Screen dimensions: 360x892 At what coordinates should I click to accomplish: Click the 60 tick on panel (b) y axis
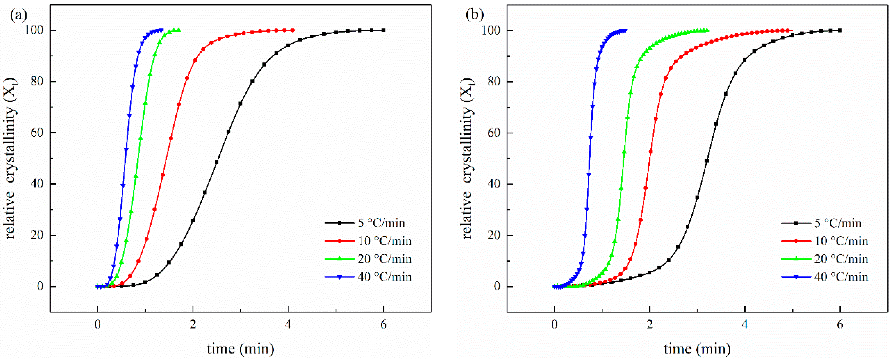tap(493, 133)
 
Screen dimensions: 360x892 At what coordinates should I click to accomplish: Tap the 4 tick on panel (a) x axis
tap(288, 325)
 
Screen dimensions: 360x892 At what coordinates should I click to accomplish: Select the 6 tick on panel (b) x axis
tap(840, 325)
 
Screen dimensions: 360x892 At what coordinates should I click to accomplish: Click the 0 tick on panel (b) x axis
tap(554, 325)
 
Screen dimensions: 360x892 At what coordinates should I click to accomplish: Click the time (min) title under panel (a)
tap(240, 349)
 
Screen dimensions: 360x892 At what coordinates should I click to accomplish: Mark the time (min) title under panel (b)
tap(697, 349)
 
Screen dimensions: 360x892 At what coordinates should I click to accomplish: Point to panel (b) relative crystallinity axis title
tap(467, 159)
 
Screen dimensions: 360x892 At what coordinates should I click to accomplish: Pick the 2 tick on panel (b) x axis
tap(650, 325)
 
